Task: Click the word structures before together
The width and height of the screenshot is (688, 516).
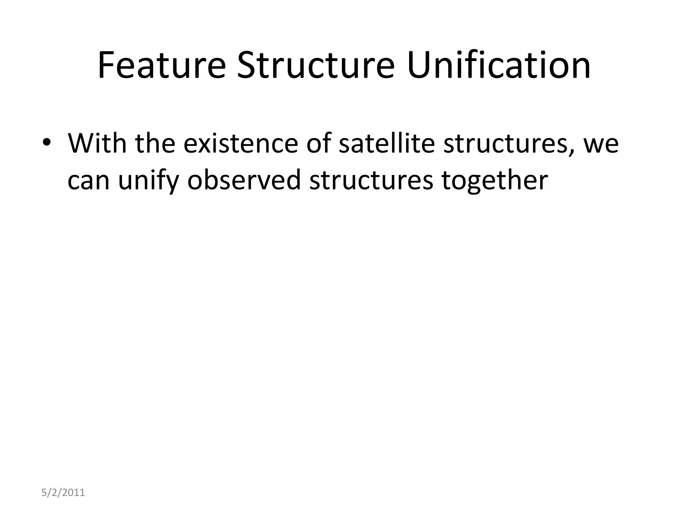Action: coord(371,180)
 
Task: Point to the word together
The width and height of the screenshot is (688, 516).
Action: coord(494,180)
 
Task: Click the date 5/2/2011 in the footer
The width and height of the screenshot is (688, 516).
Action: coord(63,492)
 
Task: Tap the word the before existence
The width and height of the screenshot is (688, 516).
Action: coord(155,143)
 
